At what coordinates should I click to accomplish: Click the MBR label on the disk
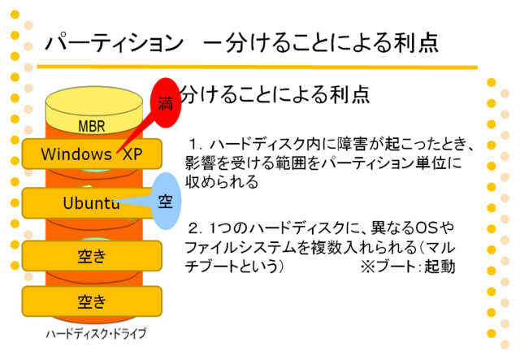[x=92, y=127]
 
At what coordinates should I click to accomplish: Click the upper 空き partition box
[x=92, y=256]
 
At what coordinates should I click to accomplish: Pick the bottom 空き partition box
[x=92, y=301]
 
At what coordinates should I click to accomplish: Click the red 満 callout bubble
[x=166, y=103]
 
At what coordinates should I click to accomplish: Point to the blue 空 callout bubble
[x=166, y=201]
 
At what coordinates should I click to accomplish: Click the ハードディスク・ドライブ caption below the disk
[x=96, y=333]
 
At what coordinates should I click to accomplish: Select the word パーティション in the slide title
[x=115, y=43]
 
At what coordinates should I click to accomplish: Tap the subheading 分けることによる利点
[x=275, y=94]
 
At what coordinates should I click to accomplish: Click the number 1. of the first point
[x=196, y=145]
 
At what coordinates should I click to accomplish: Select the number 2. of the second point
[x=196, y=228]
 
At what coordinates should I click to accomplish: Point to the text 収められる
[x=222, y=182]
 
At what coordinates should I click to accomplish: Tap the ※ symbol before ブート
[x=368, y=267]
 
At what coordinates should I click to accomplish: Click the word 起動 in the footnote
[x=440, y=267]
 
